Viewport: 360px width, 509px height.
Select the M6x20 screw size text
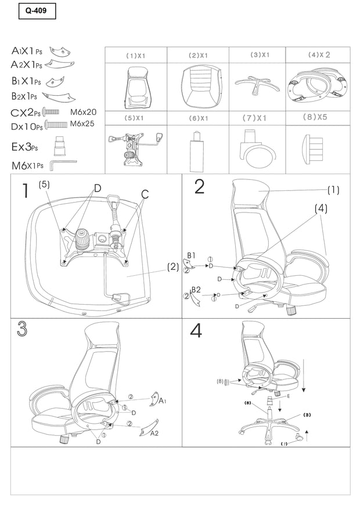click(x=83, y=111)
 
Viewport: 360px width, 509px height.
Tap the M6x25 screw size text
click(x=83, y=124)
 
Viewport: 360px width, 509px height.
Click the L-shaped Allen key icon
click(x=61, y=165)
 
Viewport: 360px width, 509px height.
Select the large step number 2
click(x=199, y=186)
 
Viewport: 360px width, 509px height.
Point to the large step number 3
click(x=23, y=329)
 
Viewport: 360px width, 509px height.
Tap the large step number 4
click(x=196, y=331)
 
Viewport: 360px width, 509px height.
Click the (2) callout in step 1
click(x=172, y=267)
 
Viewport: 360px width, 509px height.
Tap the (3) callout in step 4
click(x=307, y=414)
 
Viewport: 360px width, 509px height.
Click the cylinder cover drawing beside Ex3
click(x=59, y=146)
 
